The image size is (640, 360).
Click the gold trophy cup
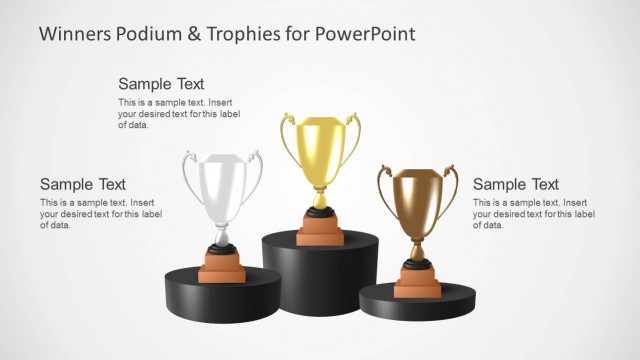[x=320, y=150]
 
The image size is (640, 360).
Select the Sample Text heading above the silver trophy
[x=161, y=84]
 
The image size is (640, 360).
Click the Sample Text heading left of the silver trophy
[x=83, y=184]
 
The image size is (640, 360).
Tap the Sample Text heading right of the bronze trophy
[x=515, y=184]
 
